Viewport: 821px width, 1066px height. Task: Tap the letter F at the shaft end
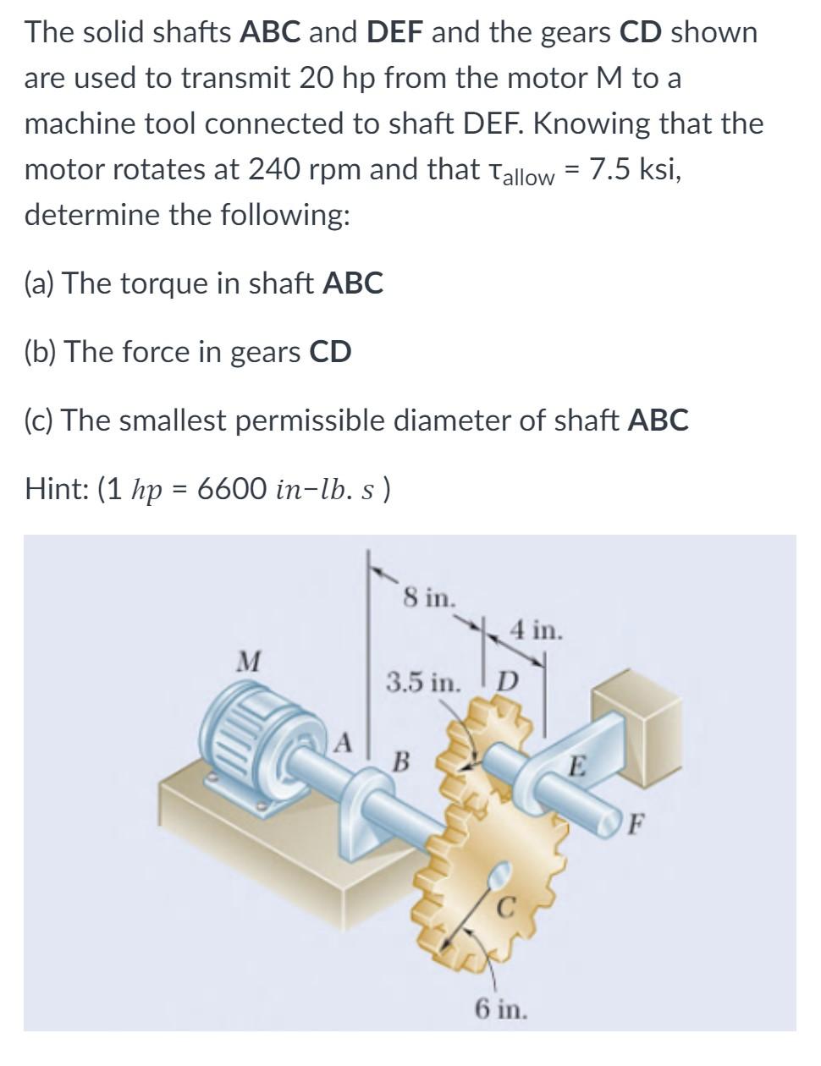pos(641,820)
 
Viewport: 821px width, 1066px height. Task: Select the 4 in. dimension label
pos(536,630)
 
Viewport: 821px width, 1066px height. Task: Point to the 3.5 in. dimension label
pos(424,680)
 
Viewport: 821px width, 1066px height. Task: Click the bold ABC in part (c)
pos(658,420)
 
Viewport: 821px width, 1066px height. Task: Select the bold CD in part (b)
pos(330,351)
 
